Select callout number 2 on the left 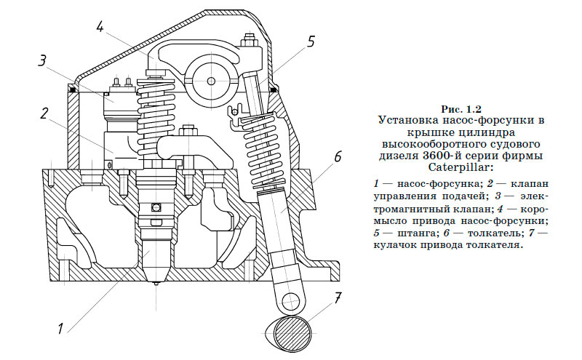click(44, 113)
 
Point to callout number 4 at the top click(100, 28)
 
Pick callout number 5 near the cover click(311, 41)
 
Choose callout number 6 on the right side click(338, 156)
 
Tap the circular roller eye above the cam click(289, 300)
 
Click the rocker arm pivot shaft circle click(210, 81)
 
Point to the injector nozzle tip click(156, 279)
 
